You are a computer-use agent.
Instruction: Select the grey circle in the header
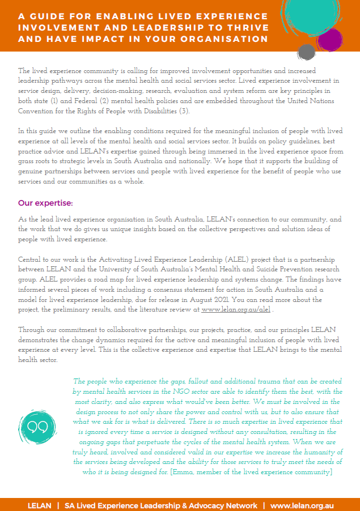click(x=307, y=52)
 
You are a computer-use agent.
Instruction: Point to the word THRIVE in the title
click(x=244, y=28)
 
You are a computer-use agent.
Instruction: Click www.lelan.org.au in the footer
click(x=302, y=505)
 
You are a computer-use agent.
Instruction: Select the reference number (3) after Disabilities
click(x=185, y=111)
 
